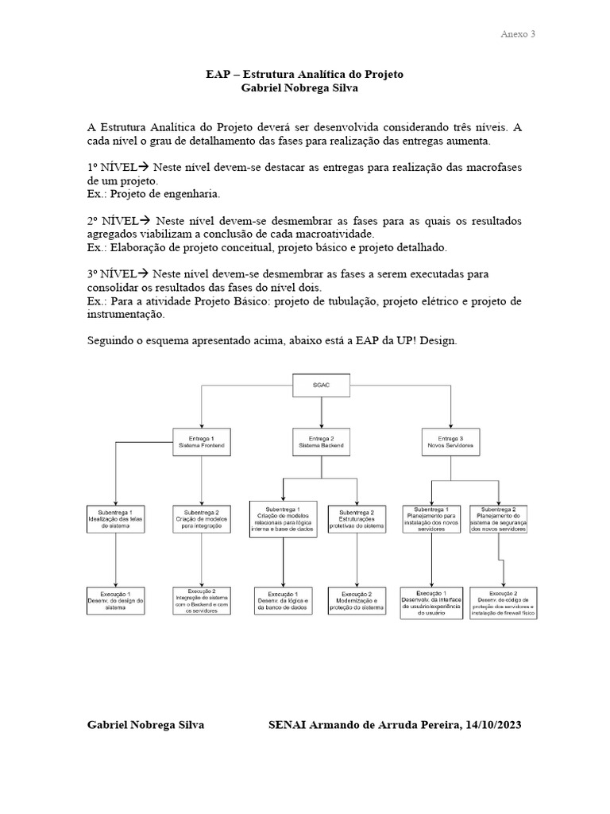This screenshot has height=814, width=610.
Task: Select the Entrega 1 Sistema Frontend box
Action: [x=202, y=442]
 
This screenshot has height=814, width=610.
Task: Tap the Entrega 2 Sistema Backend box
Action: [x=321, y=442]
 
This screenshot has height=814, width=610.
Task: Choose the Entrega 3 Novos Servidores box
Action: [x=450, y=442]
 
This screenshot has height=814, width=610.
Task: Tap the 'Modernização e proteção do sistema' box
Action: [x=357, y=602]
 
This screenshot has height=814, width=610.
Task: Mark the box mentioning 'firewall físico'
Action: [x=503, y=602]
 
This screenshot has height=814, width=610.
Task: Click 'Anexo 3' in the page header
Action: [x=518, y=34]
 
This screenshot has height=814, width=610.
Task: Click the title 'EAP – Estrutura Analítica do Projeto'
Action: [x=304, y=74]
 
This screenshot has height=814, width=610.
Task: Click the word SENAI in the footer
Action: [x=295, y=725]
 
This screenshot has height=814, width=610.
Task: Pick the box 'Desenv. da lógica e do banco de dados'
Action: [x=283, y=602]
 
